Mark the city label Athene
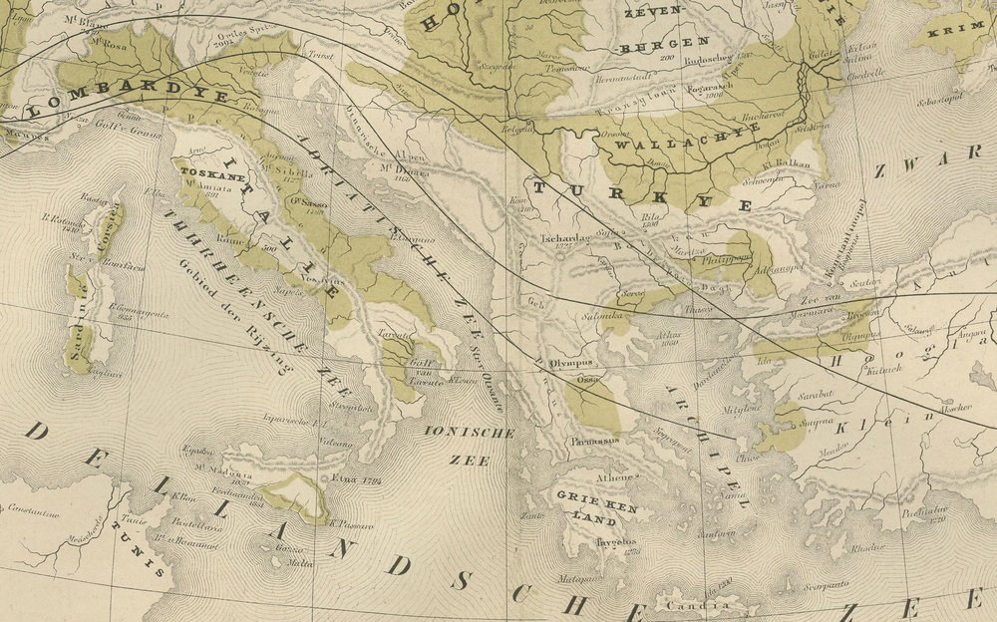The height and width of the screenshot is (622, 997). [x=615, y=477]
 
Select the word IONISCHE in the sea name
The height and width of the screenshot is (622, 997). [x=469, y=433]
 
